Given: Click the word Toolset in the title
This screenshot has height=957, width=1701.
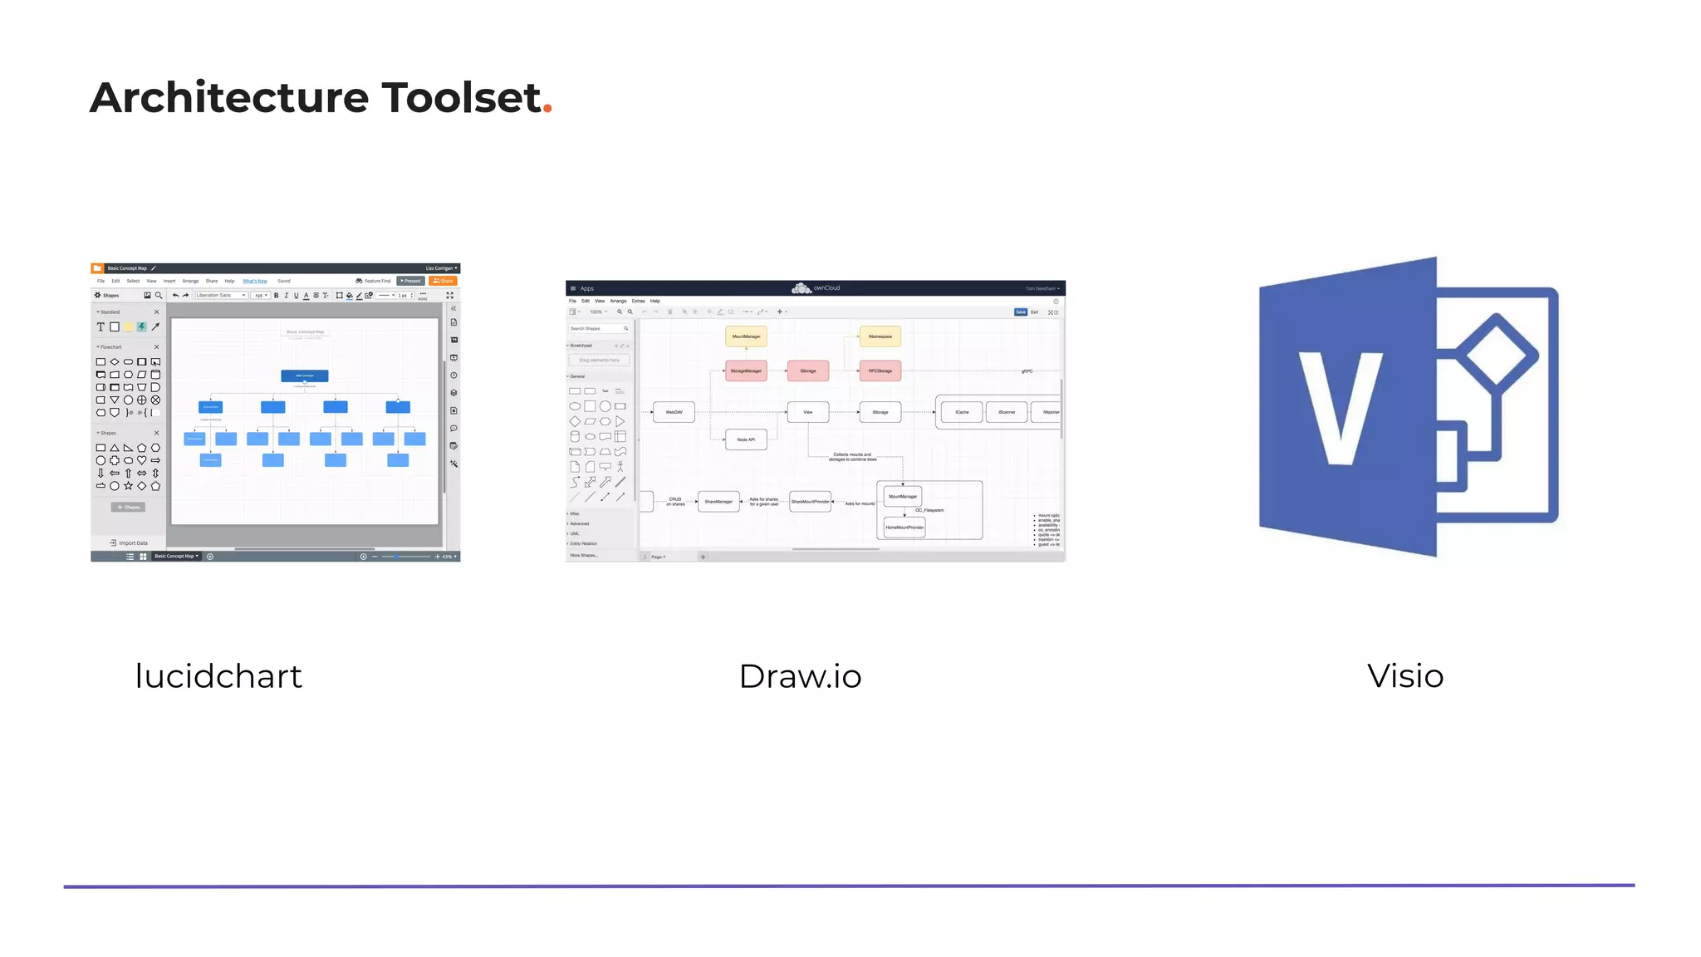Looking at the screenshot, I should pos(461,97).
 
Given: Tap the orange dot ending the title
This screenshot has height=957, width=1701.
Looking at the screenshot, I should pos(547,109).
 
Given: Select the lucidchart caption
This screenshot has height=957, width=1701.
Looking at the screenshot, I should pos(218,676).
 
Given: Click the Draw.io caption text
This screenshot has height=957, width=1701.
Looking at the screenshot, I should pos(800,676).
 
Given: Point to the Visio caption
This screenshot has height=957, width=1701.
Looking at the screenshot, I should pos(1405,676).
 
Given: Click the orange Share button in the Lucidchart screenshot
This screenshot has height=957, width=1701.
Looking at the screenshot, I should pos(443,281).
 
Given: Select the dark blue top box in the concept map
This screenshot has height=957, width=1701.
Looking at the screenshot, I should pos(305,375).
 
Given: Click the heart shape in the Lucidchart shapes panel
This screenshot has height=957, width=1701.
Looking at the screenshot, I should pos(142,460).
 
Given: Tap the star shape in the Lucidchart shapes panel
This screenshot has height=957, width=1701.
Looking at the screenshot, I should pos(128,486).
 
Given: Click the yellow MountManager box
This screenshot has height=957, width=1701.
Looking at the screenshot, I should pos(746,336).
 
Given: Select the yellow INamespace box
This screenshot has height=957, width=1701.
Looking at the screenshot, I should pos(880,336).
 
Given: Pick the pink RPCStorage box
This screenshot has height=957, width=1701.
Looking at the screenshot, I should pos(880,371).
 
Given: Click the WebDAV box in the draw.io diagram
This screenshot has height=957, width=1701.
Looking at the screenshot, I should pos(674,412).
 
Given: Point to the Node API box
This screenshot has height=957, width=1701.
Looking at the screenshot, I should pos(746,439).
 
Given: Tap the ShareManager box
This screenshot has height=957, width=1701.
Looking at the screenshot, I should pos(718,502).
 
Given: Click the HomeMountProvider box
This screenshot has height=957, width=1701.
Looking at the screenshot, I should pos(904,528).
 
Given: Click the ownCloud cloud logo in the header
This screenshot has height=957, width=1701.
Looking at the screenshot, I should pos(801,288).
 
